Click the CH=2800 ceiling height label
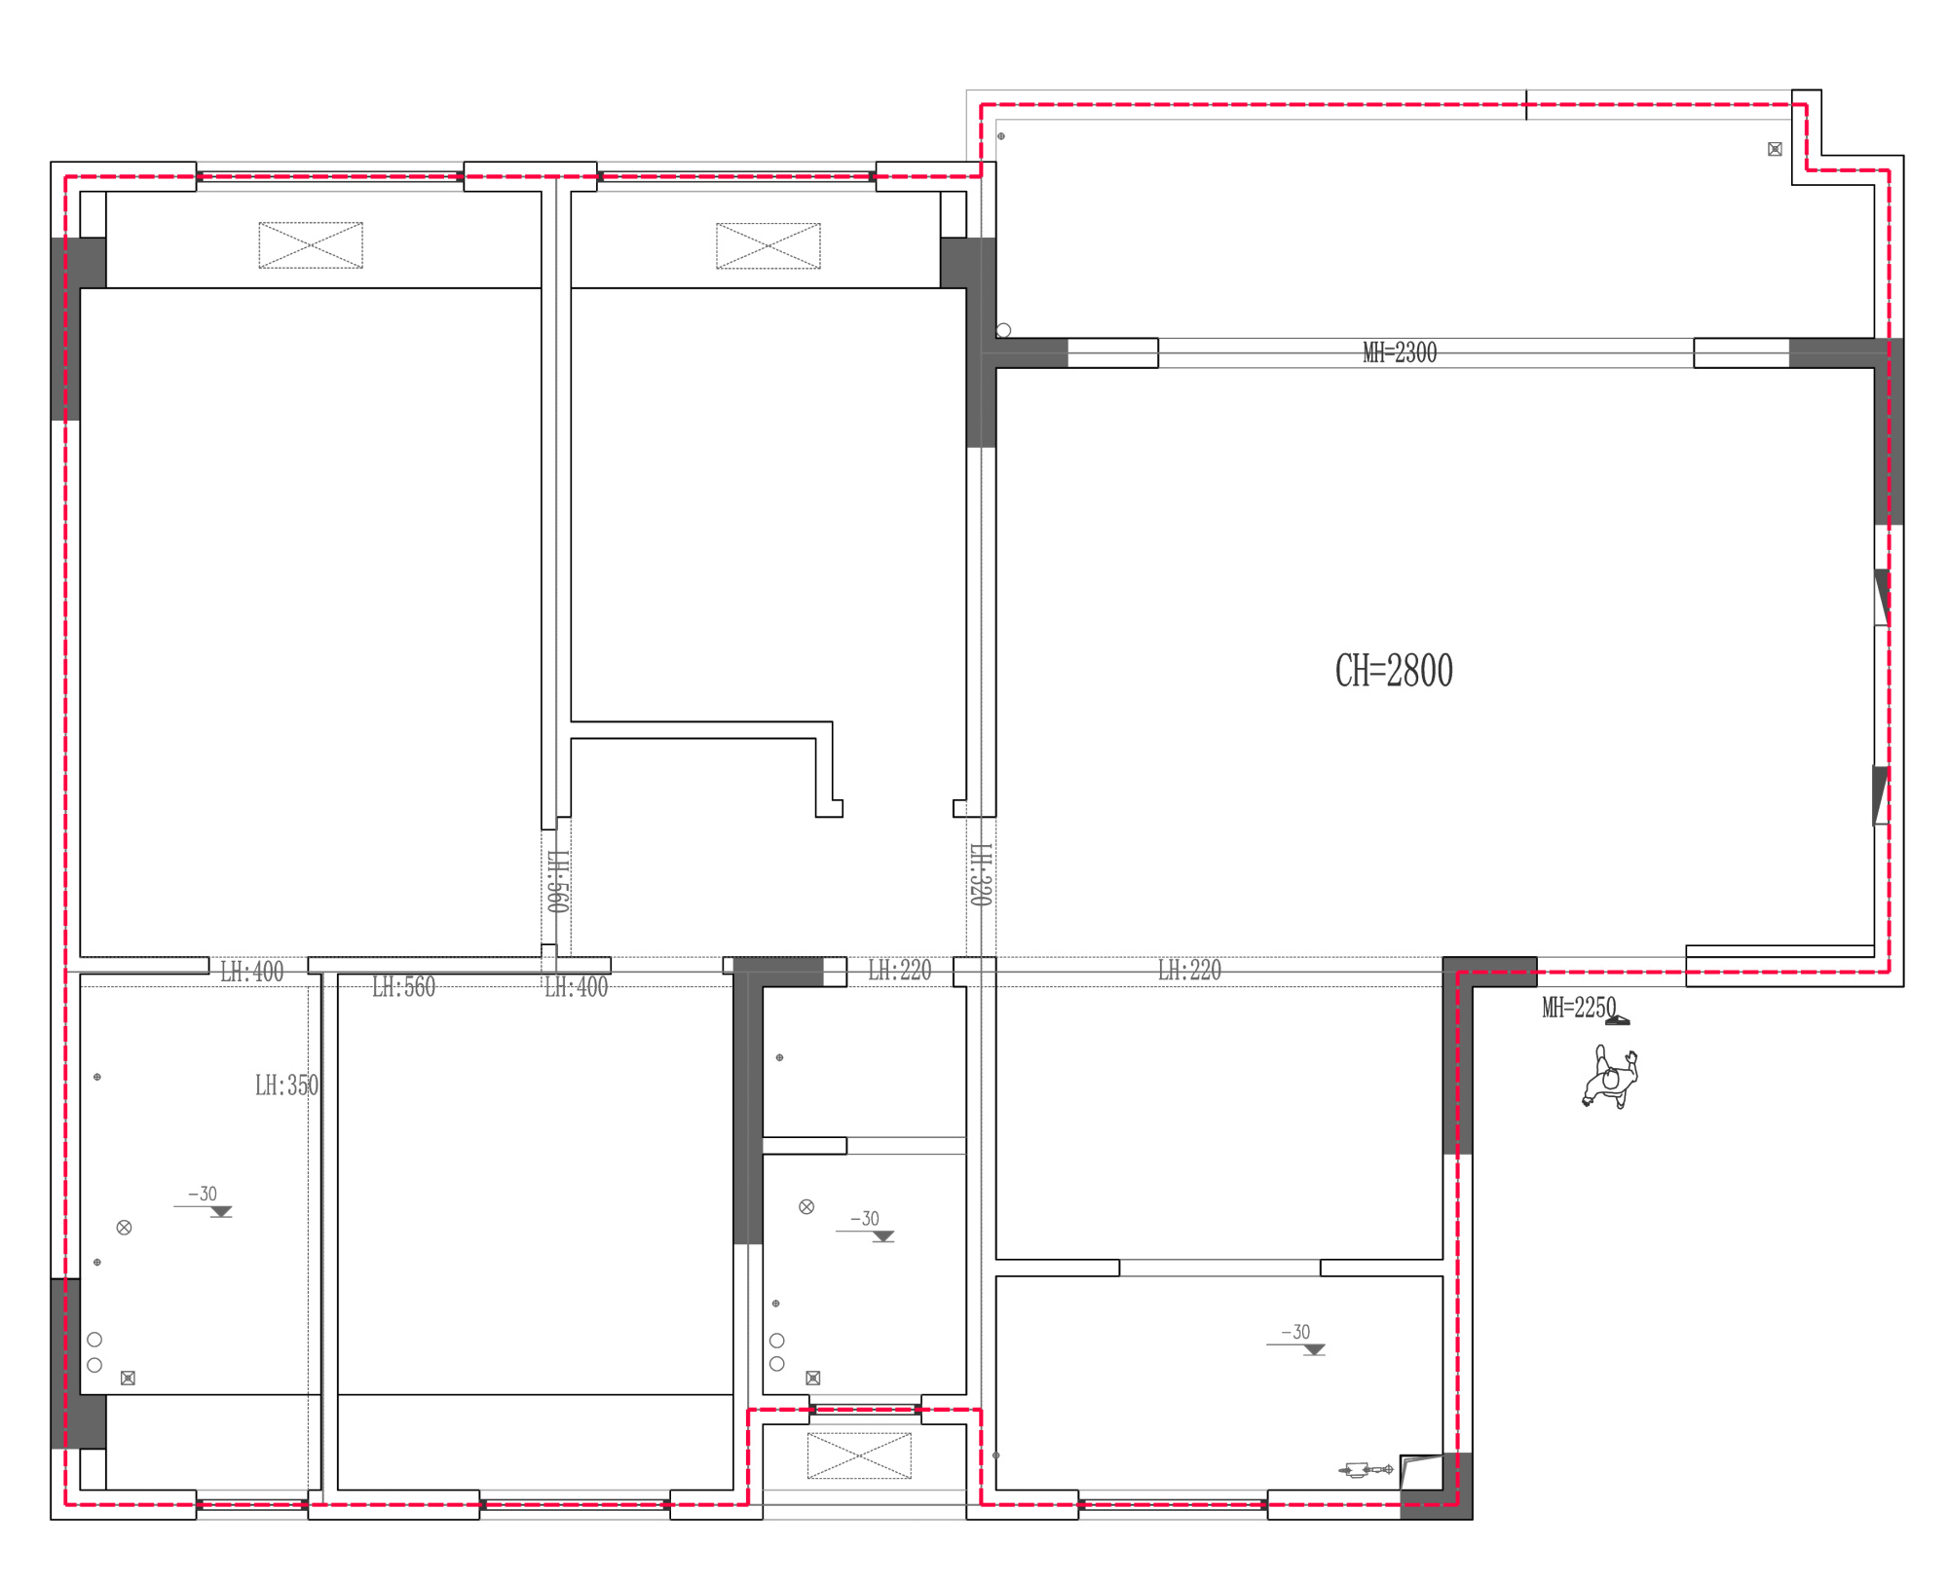pyautogui.click(x=1394, y=671)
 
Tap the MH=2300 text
pyautogui.click(x=1400, y=352)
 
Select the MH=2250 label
pyautogui.click(x=1579, y=1008)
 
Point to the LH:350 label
pyautogui.click(x=286, y=1086)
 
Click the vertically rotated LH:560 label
pyautogui.click(x=557, y=882)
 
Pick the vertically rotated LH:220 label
pyautogui.click(x=981, y=875)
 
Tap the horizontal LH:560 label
pyautogui.click(x=403, y=987)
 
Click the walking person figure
pyautogui.click(x=1610, y=1077)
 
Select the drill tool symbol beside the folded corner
pyautogui.click(x=1367, y=1469)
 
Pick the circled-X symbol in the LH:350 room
pyautogui.click(x=124, y=1228)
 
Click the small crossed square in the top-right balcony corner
pyautogui.click(x=1775, y=149)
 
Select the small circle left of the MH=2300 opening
pyautogui.click(x=1003, y=330)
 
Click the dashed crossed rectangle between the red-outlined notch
pyautogui.click(x=859, y=1455)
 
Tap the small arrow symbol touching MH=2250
pyautogui.click(x=1618, y=1019)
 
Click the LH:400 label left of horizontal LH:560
pyautogui.click(x=251, y=972)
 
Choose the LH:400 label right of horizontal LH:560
pyautogui.click(x=576, y=987)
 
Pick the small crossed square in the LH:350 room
pyautogui.click(x=128, y=1378)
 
